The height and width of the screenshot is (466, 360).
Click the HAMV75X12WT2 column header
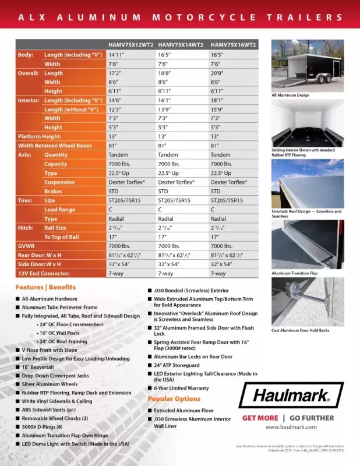pos(131,44)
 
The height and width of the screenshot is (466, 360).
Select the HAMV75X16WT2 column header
pos(233,44)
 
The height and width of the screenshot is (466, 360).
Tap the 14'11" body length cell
pos(118,55)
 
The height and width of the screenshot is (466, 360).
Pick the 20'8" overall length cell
pos(219,73)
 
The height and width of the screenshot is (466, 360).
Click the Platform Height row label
pos(40,137)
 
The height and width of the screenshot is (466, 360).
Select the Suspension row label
pos(59,182)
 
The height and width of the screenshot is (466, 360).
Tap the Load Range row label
pos(59,210)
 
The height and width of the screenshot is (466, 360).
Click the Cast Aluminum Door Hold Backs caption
pos(300,330)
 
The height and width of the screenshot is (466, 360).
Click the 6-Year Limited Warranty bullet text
pos(181,387)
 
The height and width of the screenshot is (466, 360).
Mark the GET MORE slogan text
pos(260,418)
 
